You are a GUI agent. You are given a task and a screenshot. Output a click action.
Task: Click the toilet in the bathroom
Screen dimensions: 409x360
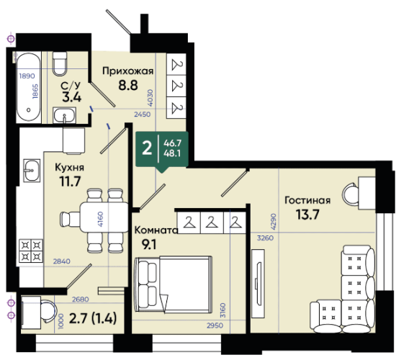[x=60, y=63]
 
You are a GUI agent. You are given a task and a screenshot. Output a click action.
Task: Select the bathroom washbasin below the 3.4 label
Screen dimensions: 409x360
[x=64, y=114]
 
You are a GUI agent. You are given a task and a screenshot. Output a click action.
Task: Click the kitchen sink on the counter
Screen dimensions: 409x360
[x=32, y=171]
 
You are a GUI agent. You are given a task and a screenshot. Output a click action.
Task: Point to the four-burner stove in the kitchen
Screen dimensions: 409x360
[x=31, y=251]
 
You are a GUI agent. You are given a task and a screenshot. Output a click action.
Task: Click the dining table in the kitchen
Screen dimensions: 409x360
[x=104, y=217]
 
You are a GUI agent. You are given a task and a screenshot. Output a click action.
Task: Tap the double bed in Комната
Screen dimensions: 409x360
[x=173, y=284]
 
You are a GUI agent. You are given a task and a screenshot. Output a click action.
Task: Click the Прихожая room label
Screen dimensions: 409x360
[x=128, y=71]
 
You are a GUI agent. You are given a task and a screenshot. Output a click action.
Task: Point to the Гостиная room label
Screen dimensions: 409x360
[x=307, y=200]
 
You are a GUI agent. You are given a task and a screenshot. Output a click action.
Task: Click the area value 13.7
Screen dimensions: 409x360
[x=307, y=215]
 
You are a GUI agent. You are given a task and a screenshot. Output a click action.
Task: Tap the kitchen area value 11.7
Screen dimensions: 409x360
[x=70, y=181]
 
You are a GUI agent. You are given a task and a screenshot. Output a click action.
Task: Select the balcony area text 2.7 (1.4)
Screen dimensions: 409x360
[x=93, y=318]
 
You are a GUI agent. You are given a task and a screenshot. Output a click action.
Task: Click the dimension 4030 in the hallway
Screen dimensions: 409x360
[x=150, y=98]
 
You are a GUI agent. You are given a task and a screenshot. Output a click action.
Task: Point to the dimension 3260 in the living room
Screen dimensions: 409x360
[x=265, y=238]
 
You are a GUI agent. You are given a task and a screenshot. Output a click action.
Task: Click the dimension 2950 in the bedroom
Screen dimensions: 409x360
[x=215, y=325]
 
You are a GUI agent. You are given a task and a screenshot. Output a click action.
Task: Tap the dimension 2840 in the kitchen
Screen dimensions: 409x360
[x=61, y=261]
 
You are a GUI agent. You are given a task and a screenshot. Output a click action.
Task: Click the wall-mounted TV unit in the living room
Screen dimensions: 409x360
[x=258, y=284]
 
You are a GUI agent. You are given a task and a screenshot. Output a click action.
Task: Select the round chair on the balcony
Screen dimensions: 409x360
[x=48, y=312]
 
